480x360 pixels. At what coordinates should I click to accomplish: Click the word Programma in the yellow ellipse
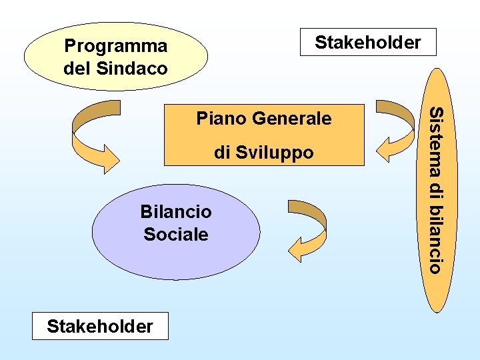pos(115,47)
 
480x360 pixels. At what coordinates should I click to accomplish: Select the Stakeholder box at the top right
pos(368,42)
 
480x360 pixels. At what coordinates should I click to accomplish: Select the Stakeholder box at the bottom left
pos(100,326)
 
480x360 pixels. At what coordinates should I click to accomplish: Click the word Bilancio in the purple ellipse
pos(176,212)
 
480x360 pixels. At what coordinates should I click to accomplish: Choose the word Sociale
pos(176,234)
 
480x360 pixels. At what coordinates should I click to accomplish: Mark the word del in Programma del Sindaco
pos(78,68)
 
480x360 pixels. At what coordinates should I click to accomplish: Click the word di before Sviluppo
pos(223,153)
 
